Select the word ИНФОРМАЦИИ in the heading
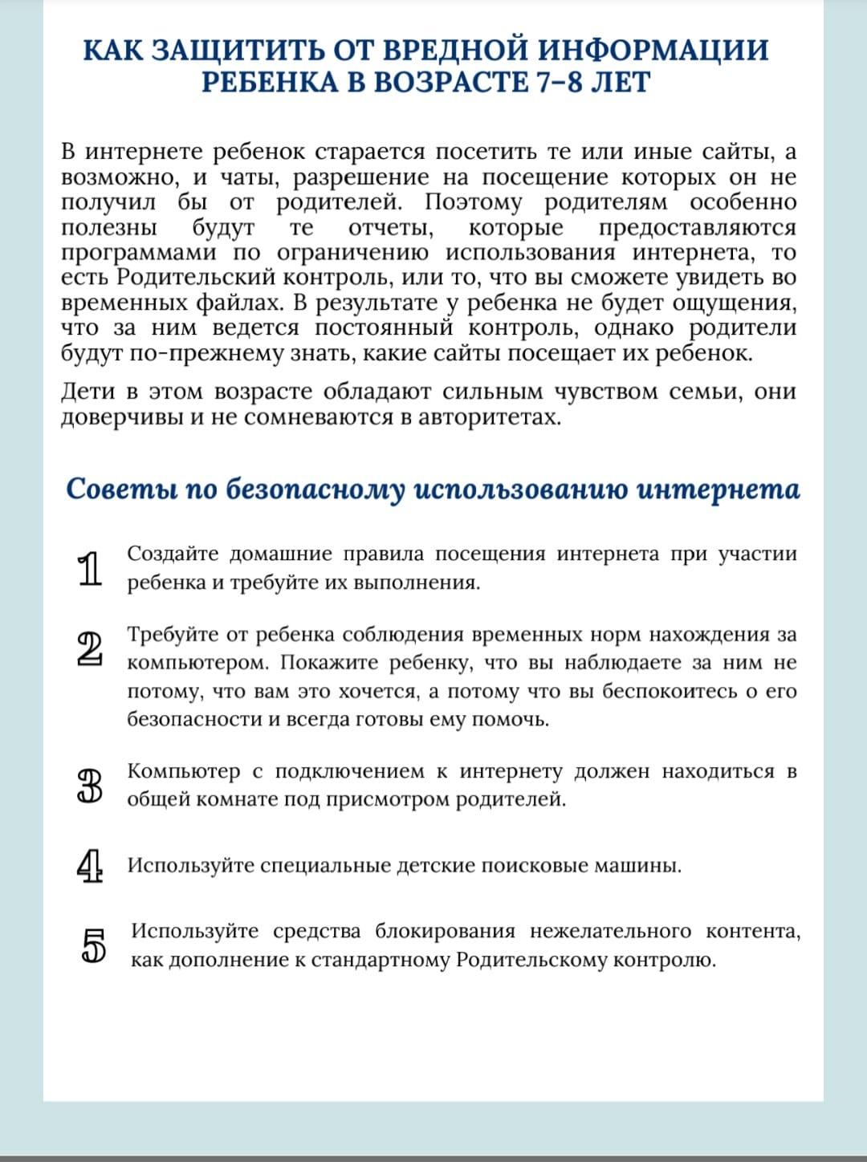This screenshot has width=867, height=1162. coord(653,50)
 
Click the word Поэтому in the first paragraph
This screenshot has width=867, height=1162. coord(473,202)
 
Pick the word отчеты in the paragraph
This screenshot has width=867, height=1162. coord(392,228)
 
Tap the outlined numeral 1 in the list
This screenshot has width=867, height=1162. coord(91,569)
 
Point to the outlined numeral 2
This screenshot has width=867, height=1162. coord(90,649)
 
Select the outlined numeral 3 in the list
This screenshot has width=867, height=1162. coord(91,786)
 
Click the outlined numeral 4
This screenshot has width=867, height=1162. coord(91,866)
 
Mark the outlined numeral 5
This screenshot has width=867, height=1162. coord(94,945)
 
